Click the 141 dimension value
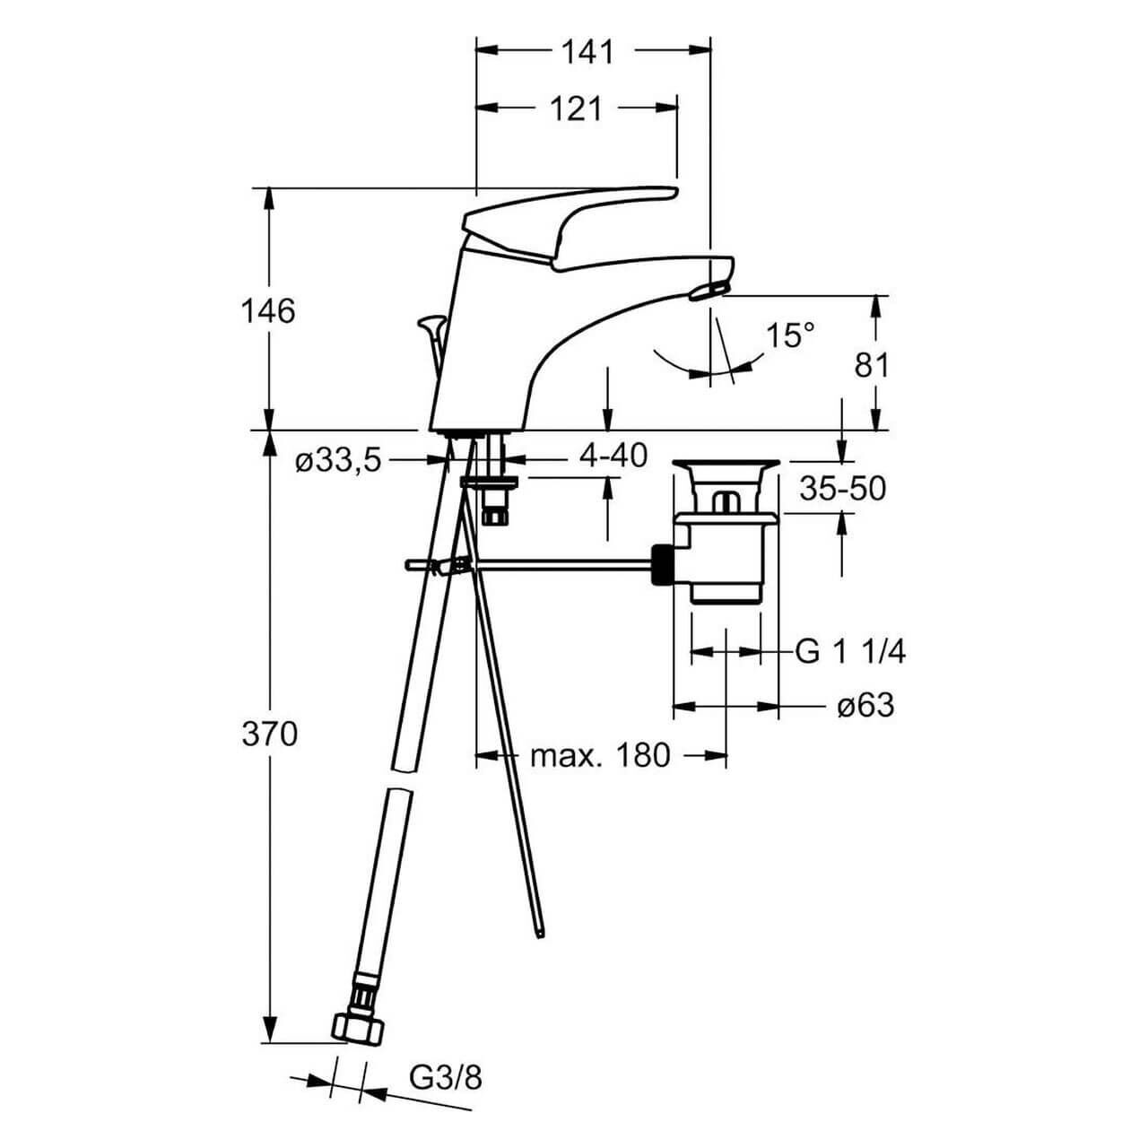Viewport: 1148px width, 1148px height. tap(587, 52)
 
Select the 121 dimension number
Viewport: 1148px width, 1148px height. tap(576, 109)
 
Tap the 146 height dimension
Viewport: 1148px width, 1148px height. tap(268, 311)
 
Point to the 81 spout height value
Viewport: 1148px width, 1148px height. tap(872, 365)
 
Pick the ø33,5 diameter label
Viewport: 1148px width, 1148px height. tap(338, 462)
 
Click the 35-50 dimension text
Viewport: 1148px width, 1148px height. tap(842, 489)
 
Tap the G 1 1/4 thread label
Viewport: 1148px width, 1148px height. tap(850, 652)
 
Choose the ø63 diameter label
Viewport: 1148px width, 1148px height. tap(865, 706)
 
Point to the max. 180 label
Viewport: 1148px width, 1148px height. tap(600, 756)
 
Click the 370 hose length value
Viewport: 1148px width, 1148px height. tap(269, 735)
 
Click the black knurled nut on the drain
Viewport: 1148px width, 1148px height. tap(662, 565)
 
